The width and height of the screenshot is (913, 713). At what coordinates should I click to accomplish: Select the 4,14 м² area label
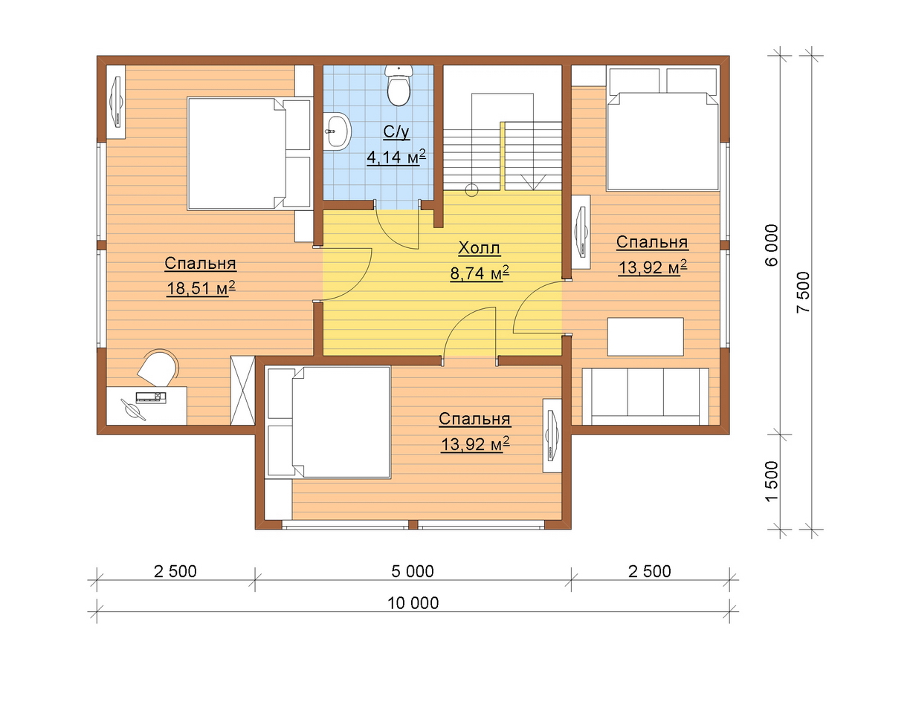[396, 157]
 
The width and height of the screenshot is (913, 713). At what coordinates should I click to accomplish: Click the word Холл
[479, 248]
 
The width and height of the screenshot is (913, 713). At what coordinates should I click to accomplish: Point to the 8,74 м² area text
[480, 273]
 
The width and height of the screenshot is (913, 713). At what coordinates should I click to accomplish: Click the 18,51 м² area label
[201, 289]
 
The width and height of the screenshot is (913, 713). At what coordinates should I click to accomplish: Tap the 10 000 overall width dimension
[413, 603]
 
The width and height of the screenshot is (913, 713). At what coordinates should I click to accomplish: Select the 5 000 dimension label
[412, 571]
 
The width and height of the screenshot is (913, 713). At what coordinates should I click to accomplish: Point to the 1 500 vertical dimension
[772, 481]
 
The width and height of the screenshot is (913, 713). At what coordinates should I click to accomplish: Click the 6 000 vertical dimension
[772, 246]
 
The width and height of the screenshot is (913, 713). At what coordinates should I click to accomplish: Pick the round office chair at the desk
[157, 368]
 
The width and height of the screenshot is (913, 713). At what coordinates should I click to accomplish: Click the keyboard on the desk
[150, 397]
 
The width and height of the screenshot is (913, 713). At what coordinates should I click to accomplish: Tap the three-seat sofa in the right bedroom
[645, 397]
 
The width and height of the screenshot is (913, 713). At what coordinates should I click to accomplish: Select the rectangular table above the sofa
[645, 337]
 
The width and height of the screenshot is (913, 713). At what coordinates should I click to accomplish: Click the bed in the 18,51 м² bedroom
[250, 154]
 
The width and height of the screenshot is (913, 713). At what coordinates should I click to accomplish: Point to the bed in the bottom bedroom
[329, 422]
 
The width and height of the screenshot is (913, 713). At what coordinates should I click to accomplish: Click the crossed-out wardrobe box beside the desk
[243, 390]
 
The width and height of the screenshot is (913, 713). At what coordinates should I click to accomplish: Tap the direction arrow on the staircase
[533, 182]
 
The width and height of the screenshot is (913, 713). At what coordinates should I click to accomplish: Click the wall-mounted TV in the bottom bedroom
[552, 435]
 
